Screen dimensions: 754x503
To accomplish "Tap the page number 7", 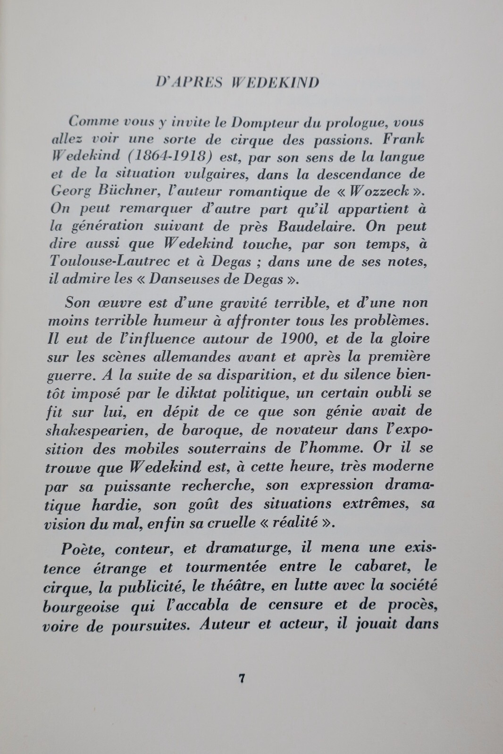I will point(241,679).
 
